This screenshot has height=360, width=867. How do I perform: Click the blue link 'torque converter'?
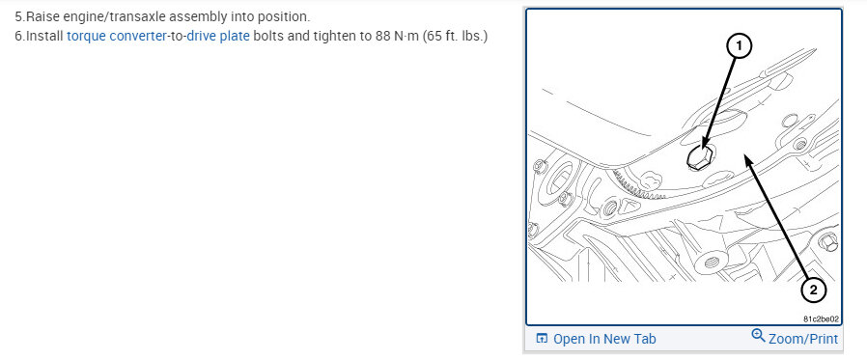[x=117, y=37]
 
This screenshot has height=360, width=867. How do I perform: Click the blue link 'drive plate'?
[x=218, y=37]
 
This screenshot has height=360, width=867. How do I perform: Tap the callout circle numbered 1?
[x=739, y=48]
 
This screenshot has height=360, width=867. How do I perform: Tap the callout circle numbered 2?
[x=813, y=290]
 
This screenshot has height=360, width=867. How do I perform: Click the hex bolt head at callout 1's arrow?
[x=698, y=156]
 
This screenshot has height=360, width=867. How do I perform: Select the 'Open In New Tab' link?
[x=604, y=339]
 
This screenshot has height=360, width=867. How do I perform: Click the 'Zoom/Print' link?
[x=803, y=339]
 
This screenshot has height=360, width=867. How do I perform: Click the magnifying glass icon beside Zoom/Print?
[x=758, y=335]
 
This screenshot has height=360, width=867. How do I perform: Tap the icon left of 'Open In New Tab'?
[x=542, y=339]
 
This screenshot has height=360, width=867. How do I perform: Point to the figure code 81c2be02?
[x=821, y=319]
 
